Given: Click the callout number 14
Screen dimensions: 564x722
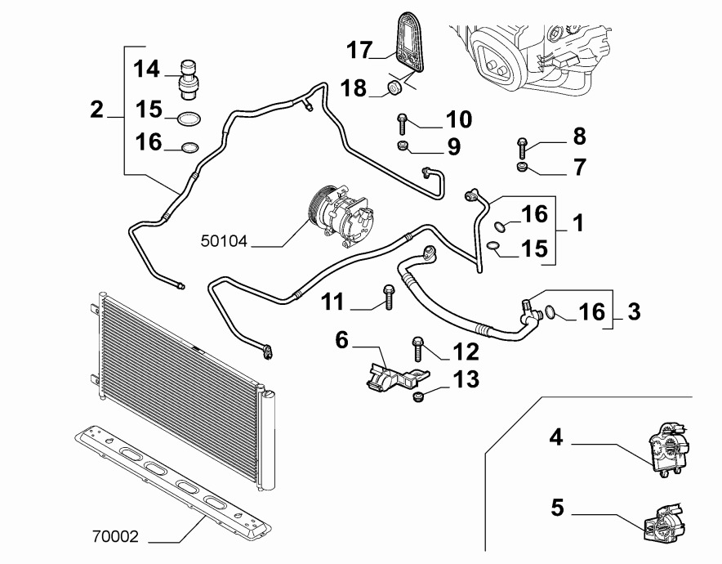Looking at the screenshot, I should [148, 69].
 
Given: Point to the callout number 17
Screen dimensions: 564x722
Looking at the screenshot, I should [359, 50].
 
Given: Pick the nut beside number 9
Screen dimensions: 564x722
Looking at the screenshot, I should [403, 146].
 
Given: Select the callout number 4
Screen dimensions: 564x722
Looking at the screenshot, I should [555, 438].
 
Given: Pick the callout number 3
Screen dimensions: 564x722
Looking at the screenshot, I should [634, 311].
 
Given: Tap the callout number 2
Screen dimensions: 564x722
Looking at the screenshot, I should [97, 109].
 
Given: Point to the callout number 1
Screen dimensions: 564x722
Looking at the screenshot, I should [577, 222].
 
